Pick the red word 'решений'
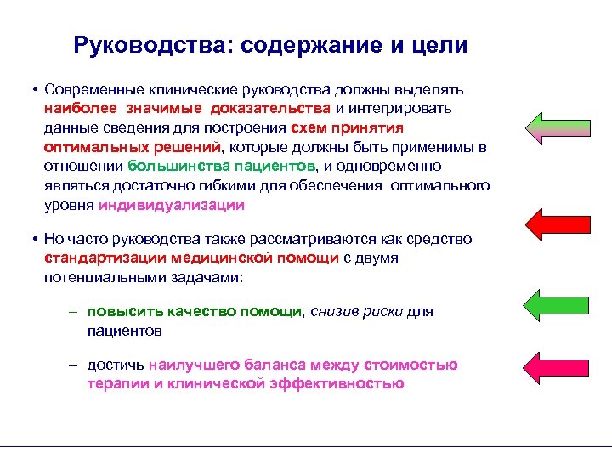(x=185, y=147)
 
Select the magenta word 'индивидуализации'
(x=172, y=205)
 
